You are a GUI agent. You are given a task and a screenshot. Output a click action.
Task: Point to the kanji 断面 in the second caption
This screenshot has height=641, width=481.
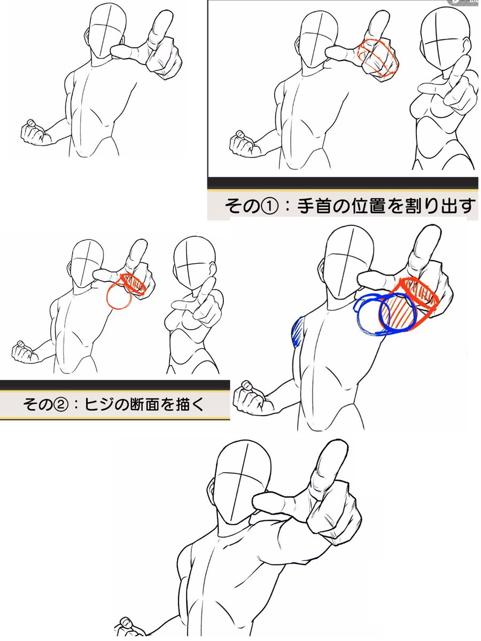coord(144,405)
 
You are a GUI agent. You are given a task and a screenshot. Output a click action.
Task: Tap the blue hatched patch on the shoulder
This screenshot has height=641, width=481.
coord(297,331)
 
